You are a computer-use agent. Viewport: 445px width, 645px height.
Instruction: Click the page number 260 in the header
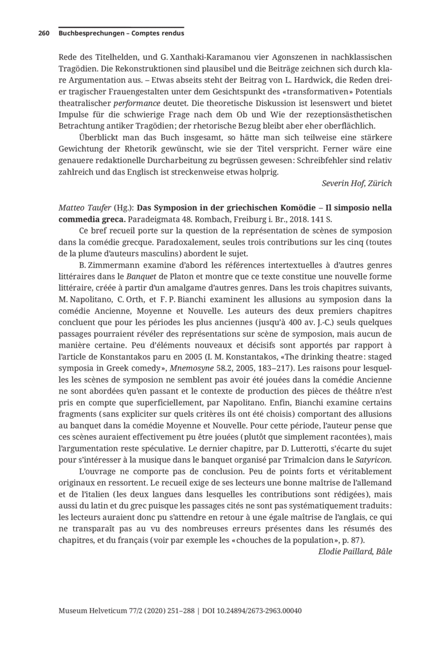point(44,34)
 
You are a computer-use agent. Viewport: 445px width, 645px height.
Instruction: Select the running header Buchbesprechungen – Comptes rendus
point(121,34)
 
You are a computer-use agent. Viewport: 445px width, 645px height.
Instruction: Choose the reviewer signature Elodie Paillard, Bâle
point(355,552)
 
